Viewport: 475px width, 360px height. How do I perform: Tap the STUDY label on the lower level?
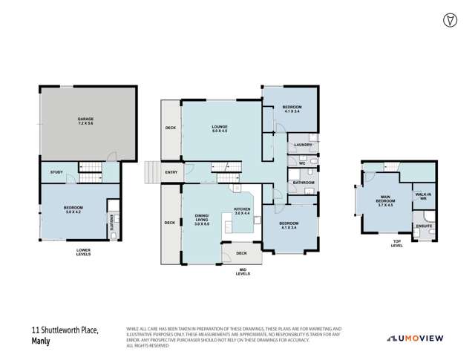coord(56,172)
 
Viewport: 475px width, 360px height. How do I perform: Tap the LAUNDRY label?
coord(302,144)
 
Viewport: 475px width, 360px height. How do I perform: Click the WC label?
coord(302,163)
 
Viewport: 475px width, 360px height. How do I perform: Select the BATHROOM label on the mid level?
coord(304,183)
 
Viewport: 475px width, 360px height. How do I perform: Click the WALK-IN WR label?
coord(423,196)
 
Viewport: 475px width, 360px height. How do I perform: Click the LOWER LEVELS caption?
coord(84,252)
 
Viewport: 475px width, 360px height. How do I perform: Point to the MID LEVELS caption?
coord(243,272)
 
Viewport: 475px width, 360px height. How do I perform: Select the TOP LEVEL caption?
coord(396,243)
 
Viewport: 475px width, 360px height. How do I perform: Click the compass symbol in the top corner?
coord(449,19)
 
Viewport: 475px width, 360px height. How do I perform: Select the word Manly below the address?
coord(41,342)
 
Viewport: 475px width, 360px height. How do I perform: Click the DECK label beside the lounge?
coord(170,128)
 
